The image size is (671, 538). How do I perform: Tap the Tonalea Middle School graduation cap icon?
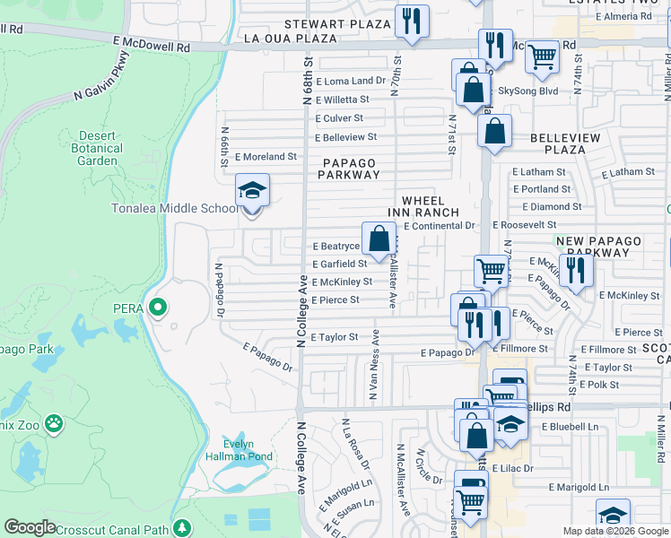coord(252,190)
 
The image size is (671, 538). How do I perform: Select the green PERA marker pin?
coord(158,308)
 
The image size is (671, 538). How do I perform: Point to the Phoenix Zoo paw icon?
coord(55,421)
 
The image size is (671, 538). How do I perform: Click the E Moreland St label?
coord(266,156)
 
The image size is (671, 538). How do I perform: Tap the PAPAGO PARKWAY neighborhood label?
coord(349,169)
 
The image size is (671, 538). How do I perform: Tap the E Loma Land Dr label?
coord(349,82)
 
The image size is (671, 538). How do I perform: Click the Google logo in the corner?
coord(30,527)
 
